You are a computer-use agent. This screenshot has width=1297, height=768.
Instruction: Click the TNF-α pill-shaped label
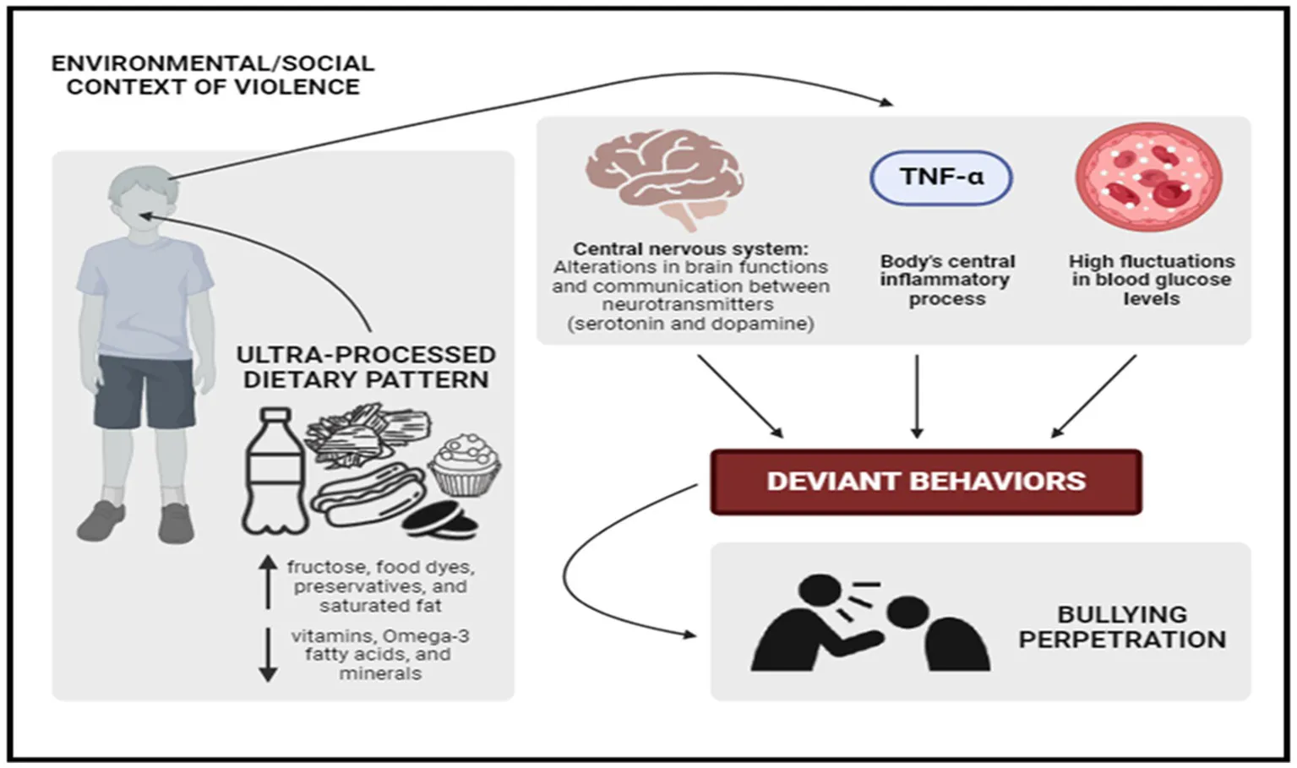coord(940,177)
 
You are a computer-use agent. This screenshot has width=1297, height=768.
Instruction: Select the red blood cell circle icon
coord(1149,177)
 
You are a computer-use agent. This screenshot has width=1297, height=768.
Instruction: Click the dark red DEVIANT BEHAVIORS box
coord(926,482)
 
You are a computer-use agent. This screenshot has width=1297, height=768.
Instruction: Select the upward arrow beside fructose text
coord(268,582)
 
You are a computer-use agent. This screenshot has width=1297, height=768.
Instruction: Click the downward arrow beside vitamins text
coord(268,654)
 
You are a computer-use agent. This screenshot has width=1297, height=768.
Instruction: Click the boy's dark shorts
coord(144,390)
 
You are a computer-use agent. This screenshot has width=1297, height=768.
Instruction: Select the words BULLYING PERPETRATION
coord(1121,627)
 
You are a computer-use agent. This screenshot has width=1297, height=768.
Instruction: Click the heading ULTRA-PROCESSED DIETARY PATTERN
coord(366,368)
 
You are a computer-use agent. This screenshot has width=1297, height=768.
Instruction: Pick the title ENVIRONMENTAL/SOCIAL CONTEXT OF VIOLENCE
coord(213,75)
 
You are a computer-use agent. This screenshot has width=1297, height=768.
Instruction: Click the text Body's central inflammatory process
coord(947,280)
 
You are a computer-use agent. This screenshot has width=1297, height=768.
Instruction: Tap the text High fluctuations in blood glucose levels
coord(1151,280)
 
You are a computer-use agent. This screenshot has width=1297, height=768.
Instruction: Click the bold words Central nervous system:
coord(690,248)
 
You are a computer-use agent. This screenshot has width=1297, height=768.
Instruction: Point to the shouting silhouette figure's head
coord(820,591)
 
